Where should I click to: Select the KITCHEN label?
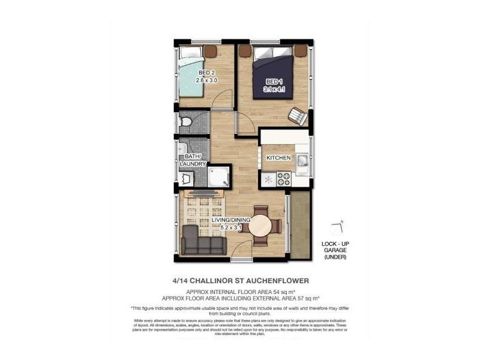278,158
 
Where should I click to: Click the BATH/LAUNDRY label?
193,160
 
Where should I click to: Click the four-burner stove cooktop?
283,178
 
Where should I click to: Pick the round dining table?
260,227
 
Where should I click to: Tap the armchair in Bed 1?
297,115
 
